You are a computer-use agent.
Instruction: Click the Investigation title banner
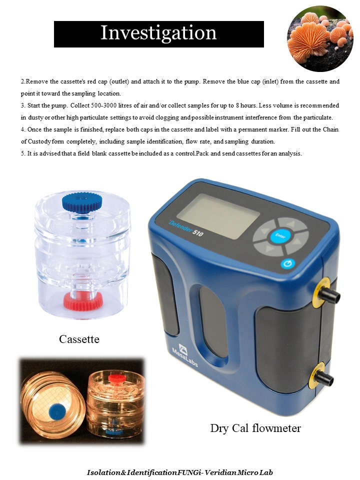159,34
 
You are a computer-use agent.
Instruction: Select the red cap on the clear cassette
83,300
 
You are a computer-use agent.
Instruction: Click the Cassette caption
79,339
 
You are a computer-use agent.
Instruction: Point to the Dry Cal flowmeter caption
255,428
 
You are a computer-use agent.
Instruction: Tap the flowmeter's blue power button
287,264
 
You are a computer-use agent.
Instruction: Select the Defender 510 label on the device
185,228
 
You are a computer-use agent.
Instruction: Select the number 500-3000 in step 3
104,105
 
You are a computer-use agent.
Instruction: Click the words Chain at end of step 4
330,129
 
